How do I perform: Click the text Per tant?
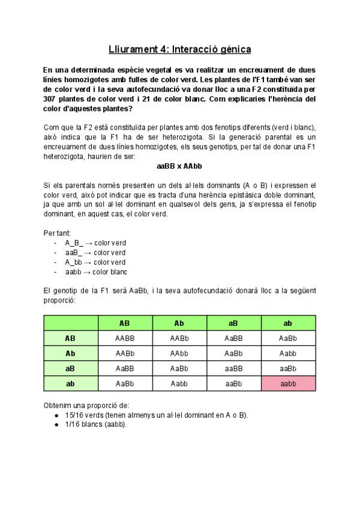[x=58, y=232]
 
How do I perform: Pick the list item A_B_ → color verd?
[x=95, y=242]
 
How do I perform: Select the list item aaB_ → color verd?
[x=95, y=252]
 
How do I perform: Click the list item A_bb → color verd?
[x=95, y=262]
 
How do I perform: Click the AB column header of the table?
[x=125, y=324]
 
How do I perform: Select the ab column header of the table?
[x=288, y=324]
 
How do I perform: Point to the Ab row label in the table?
[x=70, y=354]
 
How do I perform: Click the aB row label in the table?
[x=70, y=369]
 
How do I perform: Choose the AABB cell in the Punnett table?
[x=125, y=339]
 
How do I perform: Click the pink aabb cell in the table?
[x=288, y=384]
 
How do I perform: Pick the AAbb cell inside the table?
[x=179, y=354]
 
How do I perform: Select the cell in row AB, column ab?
[x=288, y=339]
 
